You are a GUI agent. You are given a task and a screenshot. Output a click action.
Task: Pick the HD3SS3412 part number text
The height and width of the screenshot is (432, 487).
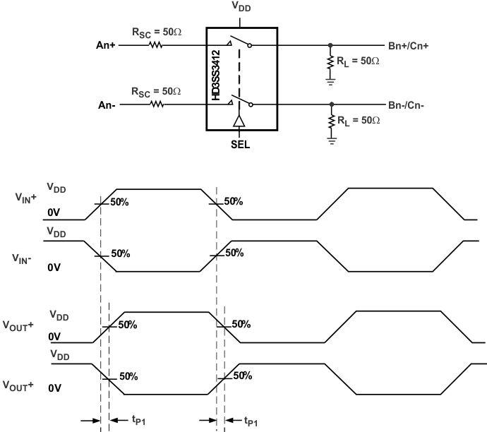coord(216,78)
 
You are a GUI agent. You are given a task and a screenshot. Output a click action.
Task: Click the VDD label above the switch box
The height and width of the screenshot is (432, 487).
coord(241,8)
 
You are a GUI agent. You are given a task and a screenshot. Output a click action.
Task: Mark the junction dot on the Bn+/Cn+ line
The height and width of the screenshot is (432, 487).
coord(330,44)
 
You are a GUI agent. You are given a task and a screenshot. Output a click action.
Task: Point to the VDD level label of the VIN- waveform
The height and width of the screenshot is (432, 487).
coord(56,232)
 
